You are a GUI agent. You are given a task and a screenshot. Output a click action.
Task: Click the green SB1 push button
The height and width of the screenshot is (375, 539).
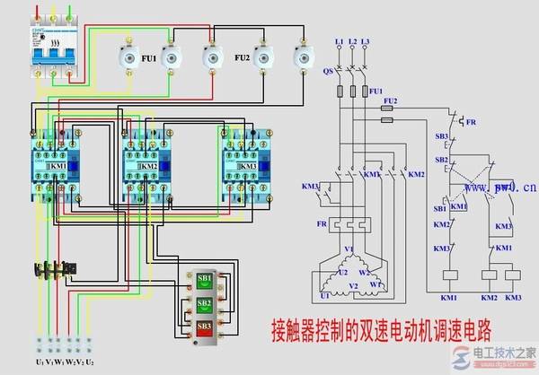click(x=205, y=279)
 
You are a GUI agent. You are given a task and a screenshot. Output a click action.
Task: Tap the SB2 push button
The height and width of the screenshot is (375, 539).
click(x=205, y=304)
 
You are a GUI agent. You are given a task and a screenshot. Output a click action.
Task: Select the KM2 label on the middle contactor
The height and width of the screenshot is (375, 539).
click(x=149, y=167)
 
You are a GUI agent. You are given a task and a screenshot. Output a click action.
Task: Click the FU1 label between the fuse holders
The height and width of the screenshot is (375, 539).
click(x=148, y=58)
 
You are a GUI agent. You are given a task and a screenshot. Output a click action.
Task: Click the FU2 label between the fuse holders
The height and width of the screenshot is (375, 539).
click(x=242, y=58)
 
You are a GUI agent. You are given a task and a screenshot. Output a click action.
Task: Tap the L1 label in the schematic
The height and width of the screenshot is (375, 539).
click(x=339, y=42)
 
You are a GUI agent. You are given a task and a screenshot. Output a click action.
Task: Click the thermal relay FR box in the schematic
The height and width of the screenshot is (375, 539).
click(x=352, y=224)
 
